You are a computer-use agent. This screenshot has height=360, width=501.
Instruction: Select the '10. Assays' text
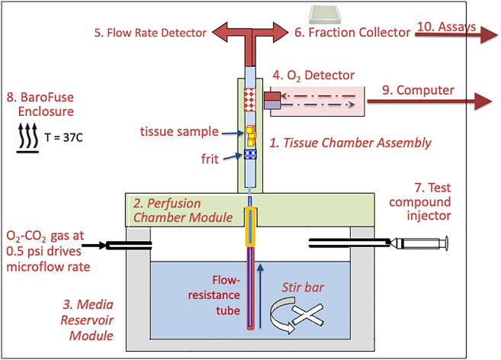(446, 27)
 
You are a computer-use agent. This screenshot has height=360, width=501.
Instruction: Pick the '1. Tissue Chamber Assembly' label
(340, 142)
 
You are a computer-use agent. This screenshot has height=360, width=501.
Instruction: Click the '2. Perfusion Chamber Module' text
(183, 211)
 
